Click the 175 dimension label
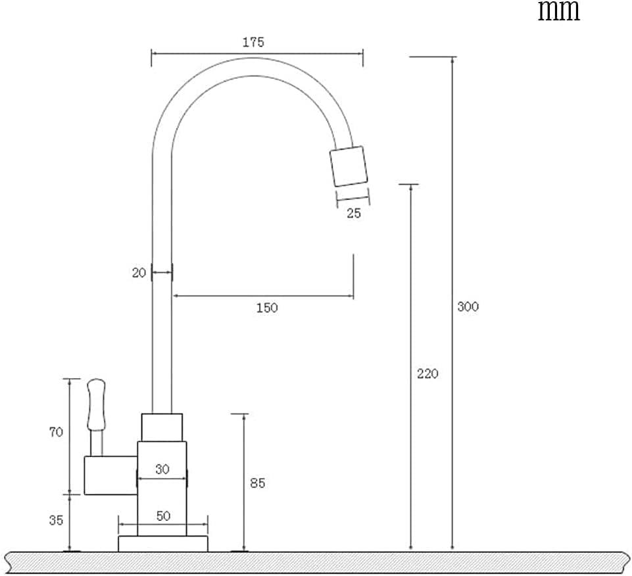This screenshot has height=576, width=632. pyautogui.click(x=253, y=42)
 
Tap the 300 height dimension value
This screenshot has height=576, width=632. pyautogui.click(x=468, y=307)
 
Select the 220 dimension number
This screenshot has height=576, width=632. pyautogui.click(x=427, y=373)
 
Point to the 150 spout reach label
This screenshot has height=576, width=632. pyautogui.click(x=267, y=308)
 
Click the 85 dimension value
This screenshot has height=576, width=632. pyautogui.click(x=258, y=483)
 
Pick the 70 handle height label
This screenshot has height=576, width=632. pyautogui.click(x=56, y=432)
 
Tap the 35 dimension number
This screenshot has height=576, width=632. pyautogui.click(x=56, y=520)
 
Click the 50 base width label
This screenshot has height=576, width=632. pyautogui.click(x=163, y=516)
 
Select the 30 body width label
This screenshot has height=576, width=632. pyautogui.click(x=162, y=469)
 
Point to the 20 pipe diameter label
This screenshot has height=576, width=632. pyautogui.click(x=139, y=273)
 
